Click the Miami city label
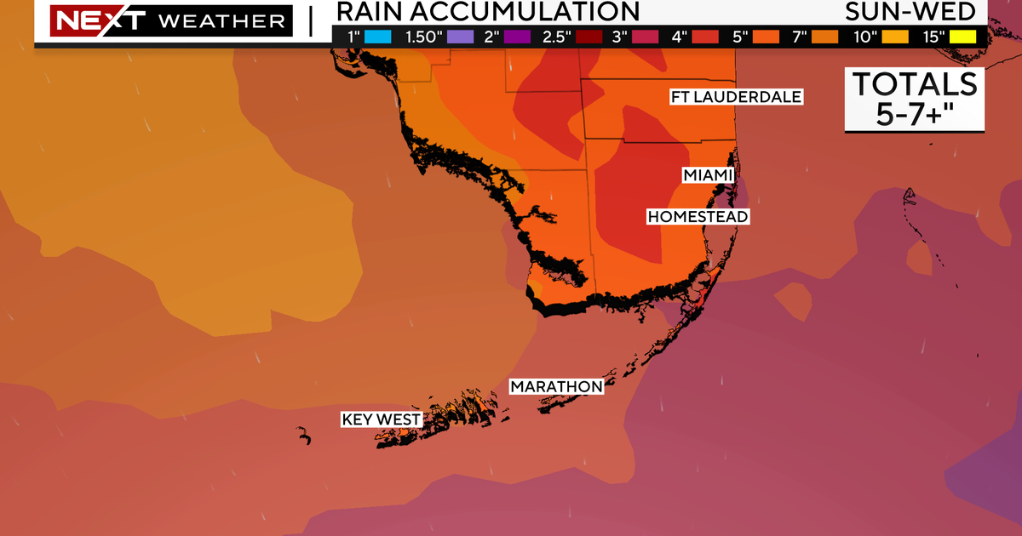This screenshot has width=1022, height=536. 708,175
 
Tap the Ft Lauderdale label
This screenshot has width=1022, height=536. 736,97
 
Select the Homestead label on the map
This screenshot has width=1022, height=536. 698,217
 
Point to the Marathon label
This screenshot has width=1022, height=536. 556,387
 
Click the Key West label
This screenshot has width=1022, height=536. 381,419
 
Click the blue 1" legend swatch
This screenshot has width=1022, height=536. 380,36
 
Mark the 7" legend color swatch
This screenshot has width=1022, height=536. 818,36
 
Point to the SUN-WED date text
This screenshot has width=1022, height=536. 910,11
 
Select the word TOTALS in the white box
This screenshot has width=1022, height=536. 915,84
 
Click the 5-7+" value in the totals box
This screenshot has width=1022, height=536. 915,115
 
